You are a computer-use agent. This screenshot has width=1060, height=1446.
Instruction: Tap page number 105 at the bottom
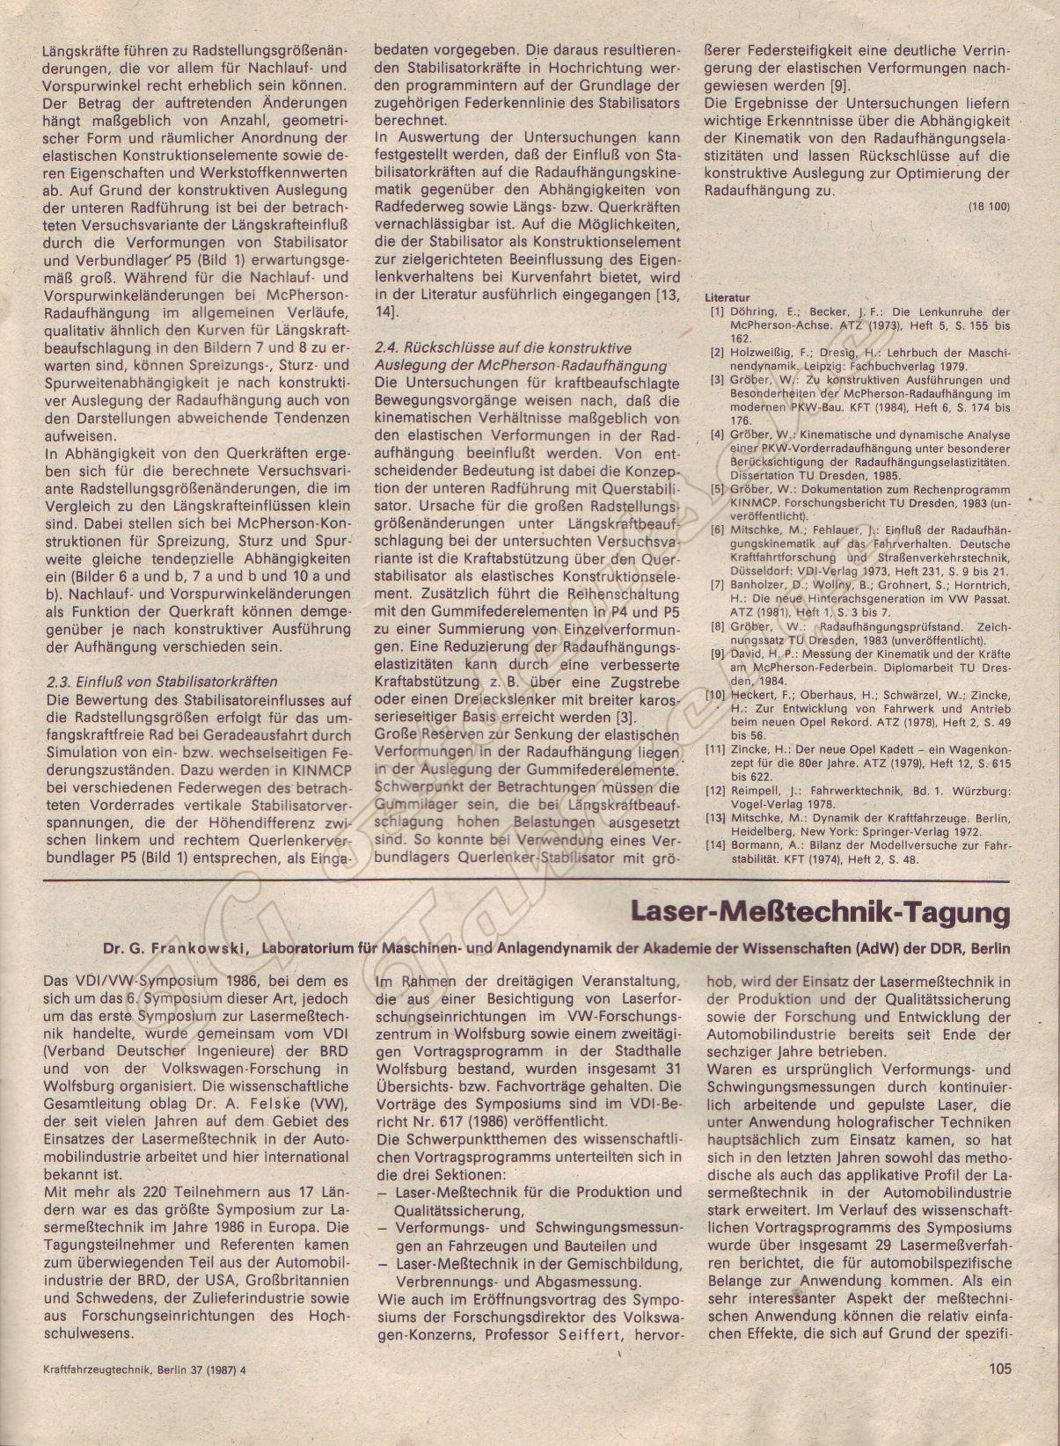(999, 1368)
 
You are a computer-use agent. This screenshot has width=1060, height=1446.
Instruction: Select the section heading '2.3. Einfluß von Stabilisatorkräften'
(160, 682)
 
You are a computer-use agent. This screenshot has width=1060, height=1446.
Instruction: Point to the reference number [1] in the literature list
(718, 312)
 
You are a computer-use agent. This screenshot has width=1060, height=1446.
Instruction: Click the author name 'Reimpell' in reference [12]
(757, 791)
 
